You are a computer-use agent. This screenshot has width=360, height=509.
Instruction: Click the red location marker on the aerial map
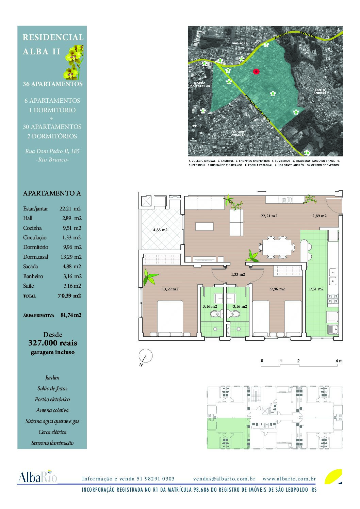[x=256, y=71]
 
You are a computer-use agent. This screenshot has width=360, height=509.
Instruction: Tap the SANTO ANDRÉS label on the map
[x=320, y=91]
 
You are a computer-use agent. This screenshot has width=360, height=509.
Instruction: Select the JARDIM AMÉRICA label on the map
[x=239, y=133]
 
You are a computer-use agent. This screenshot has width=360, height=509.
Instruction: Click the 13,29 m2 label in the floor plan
[x=170, y=289]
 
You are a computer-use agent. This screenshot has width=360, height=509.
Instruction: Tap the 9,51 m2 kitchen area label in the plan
[x=316, y=289]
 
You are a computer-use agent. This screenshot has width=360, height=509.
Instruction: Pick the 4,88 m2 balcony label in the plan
[x=160, y=230]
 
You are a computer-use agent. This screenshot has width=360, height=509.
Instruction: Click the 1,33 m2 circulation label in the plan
[x=238, y=274]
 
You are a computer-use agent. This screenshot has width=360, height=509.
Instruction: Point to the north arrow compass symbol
[x=146, y=357]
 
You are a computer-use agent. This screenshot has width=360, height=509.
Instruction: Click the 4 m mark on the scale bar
[x=339, y=361]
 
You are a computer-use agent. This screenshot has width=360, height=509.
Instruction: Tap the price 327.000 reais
[x=52, y=343]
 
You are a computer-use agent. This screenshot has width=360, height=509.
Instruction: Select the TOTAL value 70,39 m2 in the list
[x=69, y=296]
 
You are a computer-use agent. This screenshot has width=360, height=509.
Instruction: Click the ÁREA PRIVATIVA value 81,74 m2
[x=71, y=315]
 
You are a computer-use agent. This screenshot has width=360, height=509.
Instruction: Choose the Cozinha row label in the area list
[x=32, y=228]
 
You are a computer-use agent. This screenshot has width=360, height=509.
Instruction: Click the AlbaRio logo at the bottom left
[x=37, y=477]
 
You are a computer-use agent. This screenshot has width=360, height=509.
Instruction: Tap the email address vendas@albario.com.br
[x=224, y=479]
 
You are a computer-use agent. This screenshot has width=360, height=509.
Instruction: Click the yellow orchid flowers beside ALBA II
[x=72, y=63]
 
